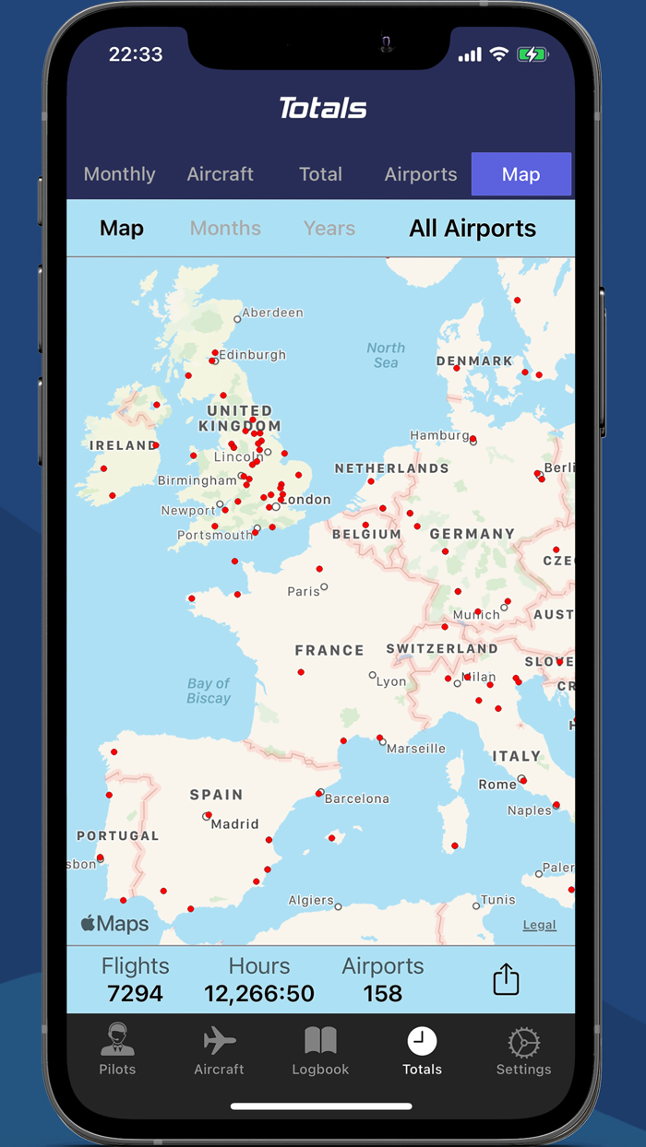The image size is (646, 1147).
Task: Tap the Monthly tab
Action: (x=119, y=174)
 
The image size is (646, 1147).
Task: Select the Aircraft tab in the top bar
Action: (x=220, y=174)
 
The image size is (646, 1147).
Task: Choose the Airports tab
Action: (x=421, y=174)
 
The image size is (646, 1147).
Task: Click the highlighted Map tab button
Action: (x=520, y=174)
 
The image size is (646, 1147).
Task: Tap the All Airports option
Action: (x=473, y=229)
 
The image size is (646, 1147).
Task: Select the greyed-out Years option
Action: (x=329, y=229)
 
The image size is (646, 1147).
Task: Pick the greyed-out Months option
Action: (x=225, y=229)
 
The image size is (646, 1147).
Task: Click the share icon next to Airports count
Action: (x=506, y=979)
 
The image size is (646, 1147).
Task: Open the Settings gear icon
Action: (x=523, y=1043)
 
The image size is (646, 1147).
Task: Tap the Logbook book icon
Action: (x=320, y=1043)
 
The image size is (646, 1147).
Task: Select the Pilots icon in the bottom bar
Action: (x=117, y=1043)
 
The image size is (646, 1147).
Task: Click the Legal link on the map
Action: (x=539, y=925)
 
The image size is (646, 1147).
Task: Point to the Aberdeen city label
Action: (x=272, y=313)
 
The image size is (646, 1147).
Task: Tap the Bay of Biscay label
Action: (x=209, y=691)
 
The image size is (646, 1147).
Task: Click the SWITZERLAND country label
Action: (x=442, y=649)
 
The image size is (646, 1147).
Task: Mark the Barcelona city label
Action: (x=357, y=798)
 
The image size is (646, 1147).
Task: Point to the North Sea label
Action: (x=386, y=355)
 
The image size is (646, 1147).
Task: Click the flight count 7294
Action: (x=135, y=993)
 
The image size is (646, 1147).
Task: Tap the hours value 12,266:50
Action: (x=259, y=993)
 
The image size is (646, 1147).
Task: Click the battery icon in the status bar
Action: (x=532, y=54)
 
